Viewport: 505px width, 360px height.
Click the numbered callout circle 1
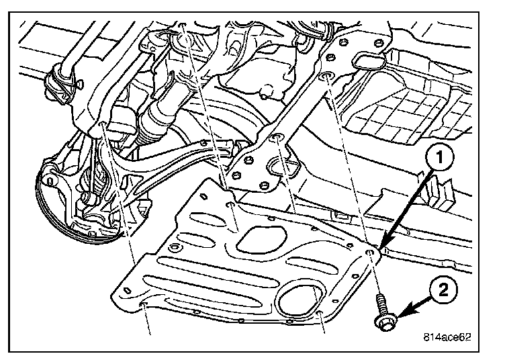439,158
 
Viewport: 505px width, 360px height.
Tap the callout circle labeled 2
443,291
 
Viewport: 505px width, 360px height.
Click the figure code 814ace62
447,337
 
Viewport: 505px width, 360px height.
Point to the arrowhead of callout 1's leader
384,244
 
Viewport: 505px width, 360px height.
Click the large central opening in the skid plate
261,238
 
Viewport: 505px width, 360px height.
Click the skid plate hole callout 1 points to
370,251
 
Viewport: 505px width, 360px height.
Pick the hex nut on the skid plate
174,248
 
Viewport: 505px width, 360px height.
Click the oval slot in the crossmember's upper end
369,61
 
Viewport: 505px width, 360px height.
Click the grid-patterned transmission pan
406,103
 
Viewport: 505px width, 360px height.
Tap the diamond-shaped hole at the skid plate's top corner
203,195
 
